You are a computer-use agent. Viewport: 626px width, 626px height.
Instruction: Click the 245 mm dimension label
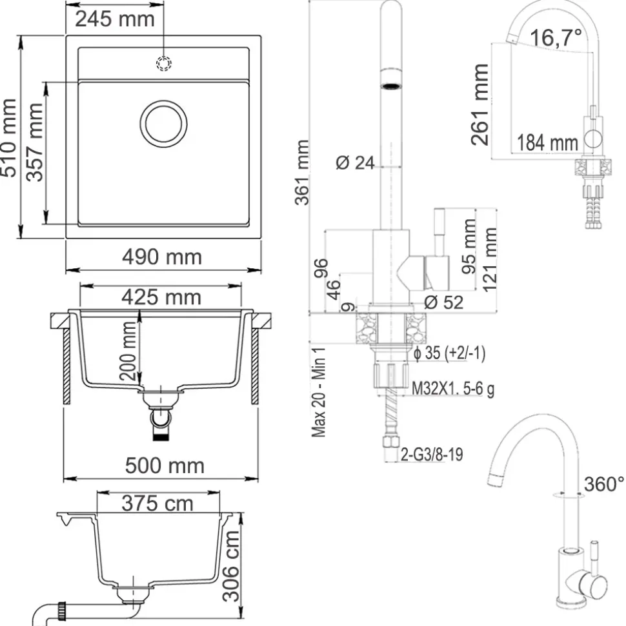115,19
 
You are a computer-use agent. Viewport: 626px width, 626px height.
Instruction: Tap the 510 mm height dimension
9,138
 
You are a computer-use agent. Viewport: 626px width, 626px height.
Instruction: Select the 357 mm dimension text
34,142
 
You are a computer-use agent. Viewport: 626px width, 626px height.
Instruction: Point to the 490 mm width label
162,257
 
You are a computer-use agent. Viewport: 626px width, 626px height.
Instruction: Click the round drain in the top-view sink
163,124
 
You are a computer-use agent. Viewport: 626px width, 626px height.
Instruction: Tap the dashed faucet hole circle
163,63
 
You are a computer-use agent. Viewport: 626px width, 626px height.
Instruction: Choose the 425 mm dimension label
161,297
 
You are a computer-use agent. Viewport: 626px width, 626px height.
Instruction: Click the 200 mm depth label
128,351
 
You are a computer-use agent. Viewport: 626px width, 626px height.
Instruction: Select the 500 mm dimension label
165,465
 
